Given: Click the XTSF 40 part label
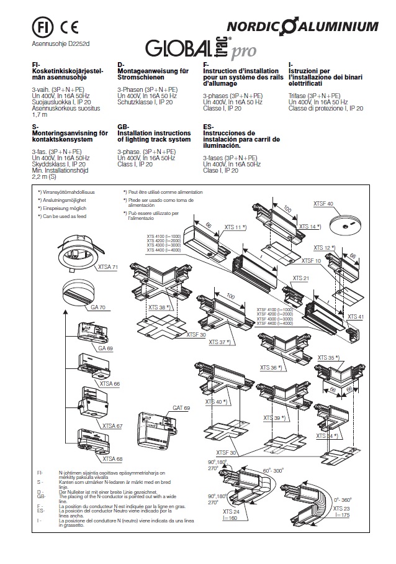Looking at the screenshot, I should tap(323, 204).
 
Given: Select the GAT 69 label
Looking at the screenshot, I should tap(181, 408).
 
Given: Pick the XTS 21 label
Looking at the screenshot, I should tap(301, 279).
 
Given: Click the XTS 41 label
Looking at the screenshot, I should tap(356, 317).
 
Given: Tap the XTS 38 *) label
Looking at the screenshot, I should tap(160, 307).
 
